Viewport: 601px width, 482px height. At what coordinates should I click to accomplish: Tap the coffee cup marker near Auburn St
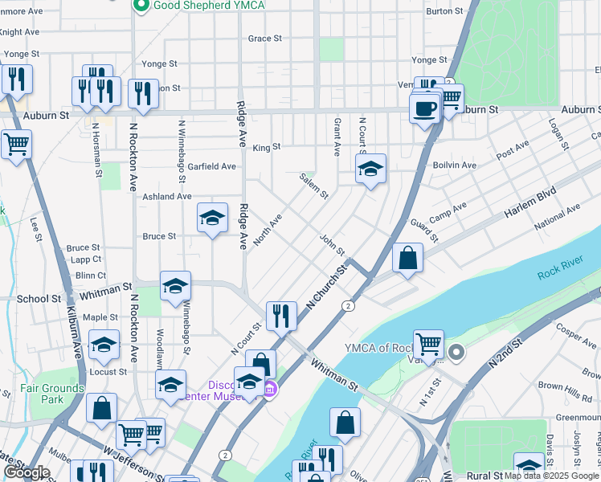click(x=424, y=108)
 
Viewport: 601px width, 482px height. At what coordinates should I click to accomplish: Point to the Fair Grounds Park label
click(x=52, y=394)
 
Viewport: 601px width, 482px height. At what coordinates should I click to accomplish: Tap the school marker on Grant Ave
click(x=370, y=169)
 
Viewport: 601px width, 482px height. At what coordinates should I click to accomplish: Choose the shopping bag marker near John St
click(x=408, y=258)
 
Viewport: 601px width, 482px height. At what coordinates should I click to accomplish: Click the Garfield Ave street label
click(x=212, y=166)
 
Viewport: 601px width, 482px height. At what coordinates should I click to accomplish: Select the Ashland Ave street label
click(x=167, y=196)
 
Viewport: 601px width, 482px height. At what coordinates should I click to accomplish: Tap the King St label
click(x=266, y=147)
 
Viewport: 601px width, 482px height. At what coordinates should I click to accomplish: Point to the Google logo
click(x=27, y=472)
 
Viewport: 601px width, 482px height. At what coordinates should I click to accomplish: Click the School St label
click(x=39, y=298)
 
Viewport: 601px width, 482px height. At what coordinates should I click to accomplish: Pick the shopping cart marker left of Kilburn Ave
click(x=15, y=145)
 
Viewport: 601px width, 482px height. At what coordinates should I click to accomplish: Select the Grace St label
click(x=265, y=38)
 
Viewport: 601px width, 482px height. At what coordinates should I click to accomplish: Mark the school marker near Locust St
click(x=104, y=345)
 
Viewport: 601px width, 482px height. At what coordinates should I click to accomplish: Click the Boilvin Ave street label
click(x=455, y=165)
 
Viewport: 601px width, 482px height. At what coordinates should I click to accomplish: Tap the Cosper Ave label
click(x=573, y=330)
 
